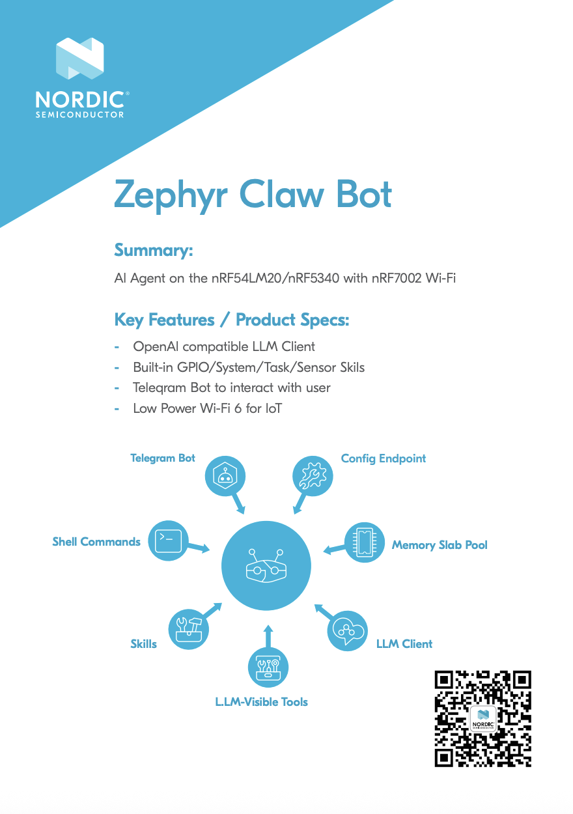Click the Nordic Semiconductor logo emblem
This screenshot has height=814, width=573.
coord(79,58)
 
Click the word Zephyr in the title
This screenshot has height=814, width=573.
coord(171,195)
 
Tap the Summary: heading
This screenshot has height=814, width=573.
coord(153,250)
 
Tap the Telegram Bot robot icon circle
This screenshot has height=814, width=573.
coord(225,475)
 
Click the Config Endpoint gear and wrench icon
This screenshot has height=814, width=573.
coord(313,475)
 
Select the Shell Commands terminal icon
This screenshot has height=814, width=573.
coord(168,540)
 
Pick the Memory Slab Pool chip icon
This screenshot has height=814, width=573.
coord(365,542)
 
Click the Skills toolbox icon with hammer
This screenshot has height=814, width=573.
coord(189,629)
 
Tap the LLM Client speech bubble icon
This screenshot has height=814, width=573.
coord(347,630)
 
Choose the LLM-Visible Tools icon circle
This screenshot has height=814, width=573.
coord(268,667)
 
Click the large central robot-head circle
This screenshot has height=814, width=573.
coord(266,565)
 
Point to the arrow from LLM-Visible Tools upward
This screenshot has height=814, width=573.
coord(268,636)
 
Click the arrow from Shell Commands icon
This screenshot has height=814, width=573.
coord(199,546)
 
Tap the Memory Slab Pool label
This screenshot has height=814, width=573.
coord(440,545)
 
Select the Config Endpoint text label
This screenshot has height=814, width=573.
coord(384,458)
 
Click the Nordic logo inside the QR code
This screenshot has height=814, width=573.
coord(483,719)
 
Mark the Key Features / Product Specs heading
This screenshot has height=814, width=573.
coord(232,320)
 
